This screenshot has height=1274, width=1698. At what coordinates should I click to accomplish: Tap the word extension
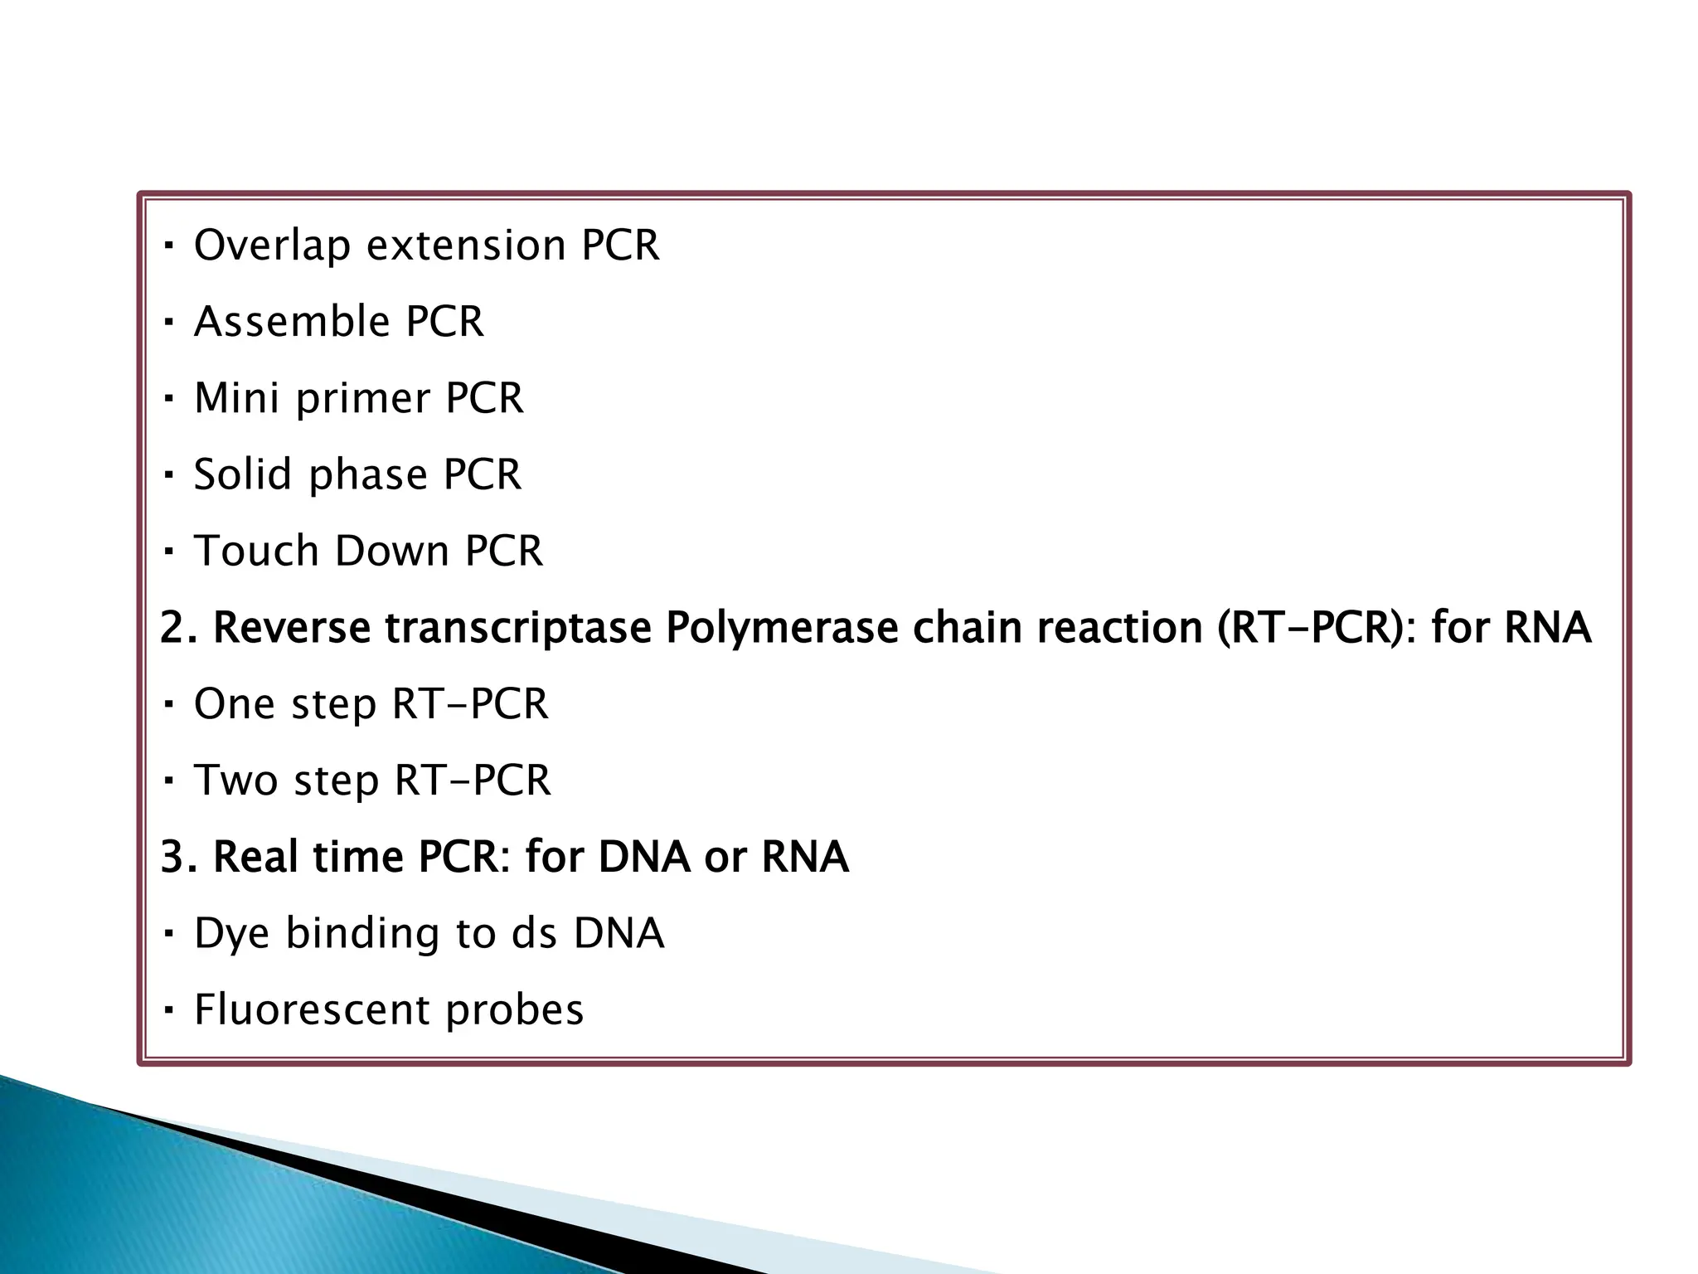(466, 246)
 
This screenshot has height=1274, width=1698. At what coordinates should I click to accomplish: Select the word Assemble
(291, 322)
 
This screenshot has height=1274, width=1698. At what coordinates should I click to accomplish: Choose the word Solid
(242, 474)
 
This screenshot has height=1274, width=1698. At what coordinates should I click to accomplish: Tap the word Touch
(255, 551)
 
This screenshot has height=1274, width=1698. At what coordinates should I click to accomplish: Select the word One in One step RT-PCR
(233, 704)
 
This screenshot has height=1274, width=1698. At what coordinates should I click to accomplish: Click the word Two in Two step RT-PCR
(235, 780)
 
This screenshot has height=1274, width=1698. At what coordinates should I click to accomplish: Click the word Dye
(231, 935)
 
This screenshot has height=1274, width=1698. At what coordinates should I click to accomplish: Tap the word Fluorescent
(311, 1010)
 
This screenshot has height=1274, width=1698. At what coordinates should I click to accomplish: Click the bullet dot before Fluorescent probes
(168, 1011)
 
